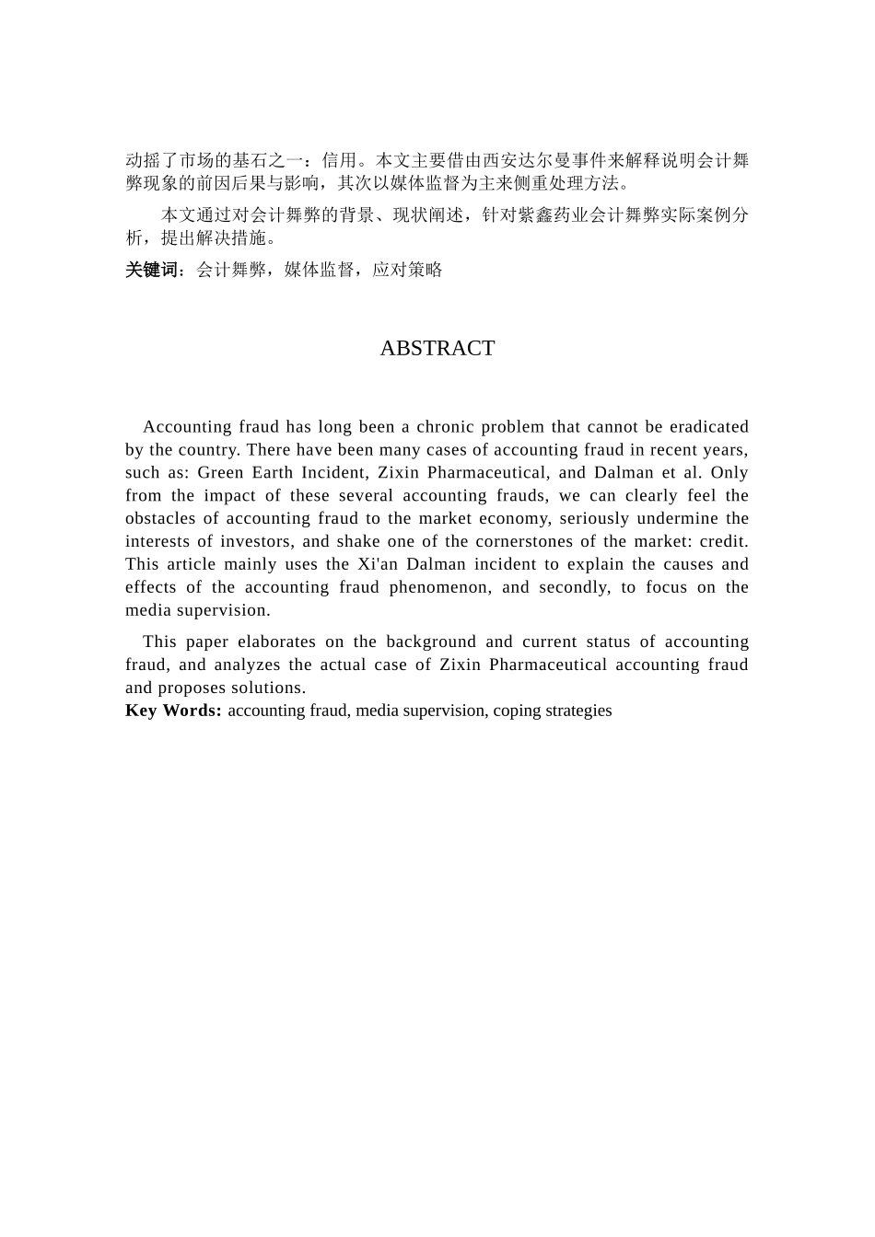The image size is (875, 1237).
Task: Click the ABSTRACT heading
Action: [x=437, y=348]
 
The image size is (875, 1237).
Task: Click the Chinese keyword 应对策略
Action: [x=408, y=270]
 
